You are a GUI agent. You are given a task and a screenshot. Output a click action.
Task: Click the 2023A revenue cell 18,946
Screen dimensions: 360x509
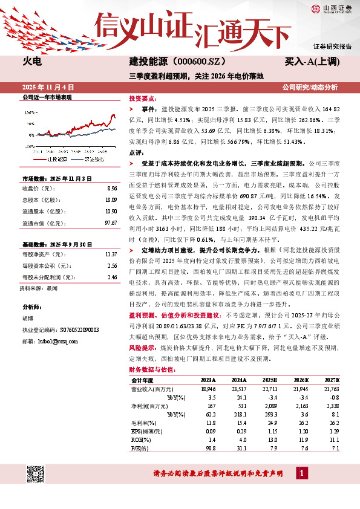pyautogui.click(x=208, y=389)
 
